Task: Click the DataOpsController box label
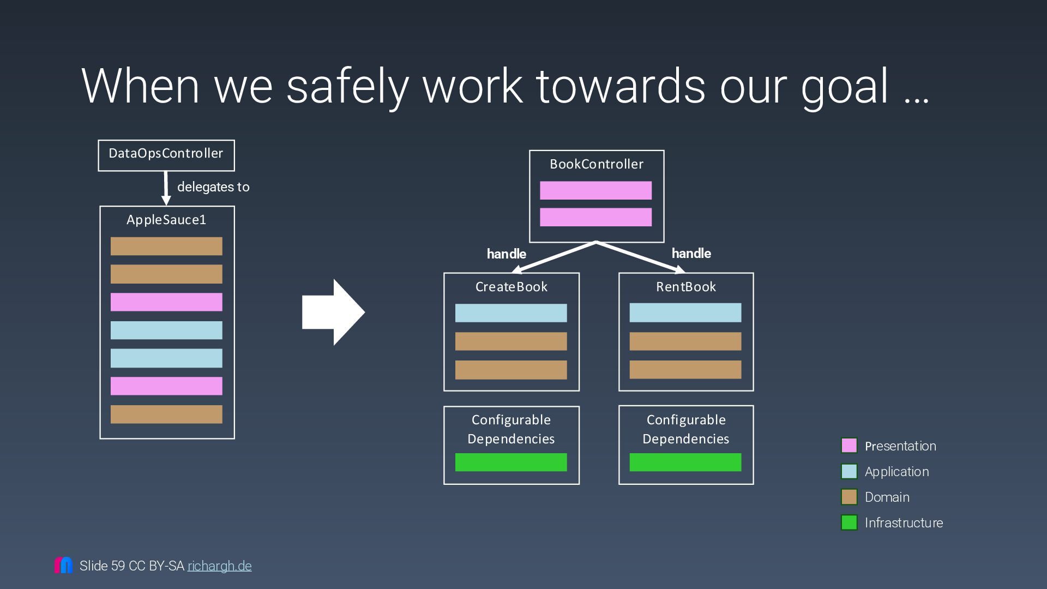[x=166, y=154]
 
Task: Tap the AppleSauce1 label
[x=166, y=220]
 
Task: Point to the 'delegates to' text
[x=213, y=187]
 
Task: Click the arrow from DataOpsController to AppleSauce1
[x=166, y=188]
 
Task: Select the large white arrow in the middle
[x=333, y=312]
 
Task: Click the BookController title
[x=597, y=164]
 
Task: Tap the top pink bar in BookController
[x=595, y=190]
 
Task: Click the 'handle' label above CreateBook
[x=506, y=254]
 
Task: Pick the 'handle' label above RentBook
[x=691, y=254]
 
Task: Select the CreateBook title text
[x=512, y=287]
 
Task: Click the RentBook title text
[x=686, y=287]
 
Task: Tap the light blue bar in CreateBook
[x=511, y=313]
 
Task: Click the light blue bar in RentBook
[x=685, y=313]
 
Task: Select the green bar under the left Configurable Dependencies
[x=511, y=462]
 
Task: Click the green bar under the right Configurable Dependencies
[x=685, y=462]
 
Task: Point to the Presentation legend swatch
[x=849, y=446]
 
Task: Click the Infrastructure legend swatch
[x=849, y=522]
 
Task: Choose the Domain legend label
[x=887, y=497]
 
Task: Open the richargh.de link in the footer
[x=220, y=566]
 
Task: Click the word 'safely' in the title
[x=347, y=86]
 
